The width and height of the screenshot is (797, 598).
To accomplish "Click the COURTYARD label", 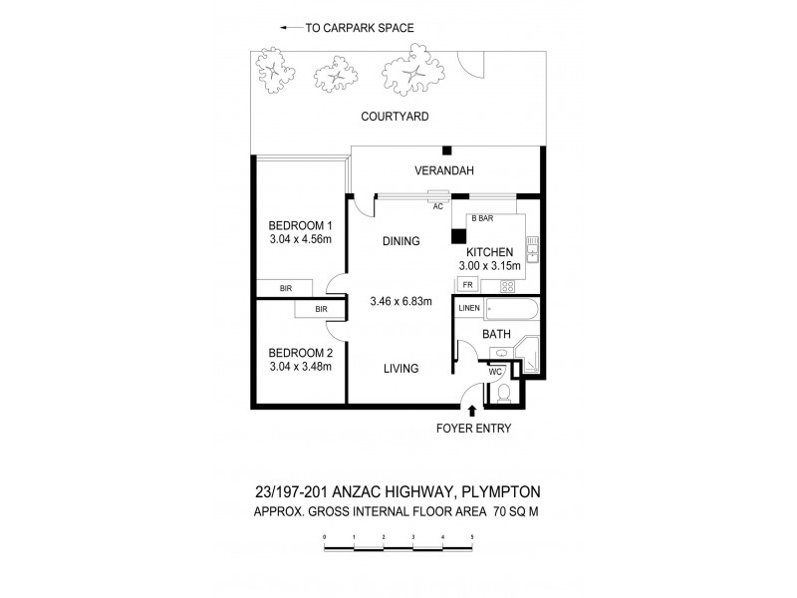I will point(396,117).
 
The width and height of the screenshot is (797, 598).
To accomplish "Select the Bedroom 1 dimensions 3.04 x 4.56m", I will point(301,240).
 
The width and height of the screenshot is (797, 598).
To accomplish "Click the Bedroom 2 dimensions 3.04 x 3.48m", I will point(301,367).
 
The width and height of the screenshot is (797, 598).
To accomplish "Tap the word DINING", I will point(400,241).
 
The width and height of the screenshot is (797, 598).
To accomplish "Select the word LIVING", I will point(400,369).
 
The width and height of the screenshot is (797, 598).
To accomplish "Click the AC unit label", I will point(437,206).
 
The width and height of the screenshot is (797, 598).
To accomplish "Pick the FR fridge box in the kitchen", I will point(467,285).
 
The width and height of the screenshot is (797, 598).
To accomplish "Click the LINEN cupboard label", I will point(469,309).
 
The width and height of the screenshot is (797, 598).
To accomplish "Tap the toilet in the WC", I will point(504,393).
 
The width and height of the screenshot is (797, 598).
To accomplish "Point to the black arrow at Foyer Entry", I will point(472,410).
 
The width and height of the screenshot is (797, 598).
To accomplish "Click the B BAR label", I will point(482,217).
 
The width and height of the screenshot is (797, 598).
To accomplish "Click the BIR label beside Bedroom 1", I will point(286,288).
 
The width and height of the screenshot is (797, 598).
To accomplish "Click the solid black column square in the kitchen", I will point(458,237).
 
